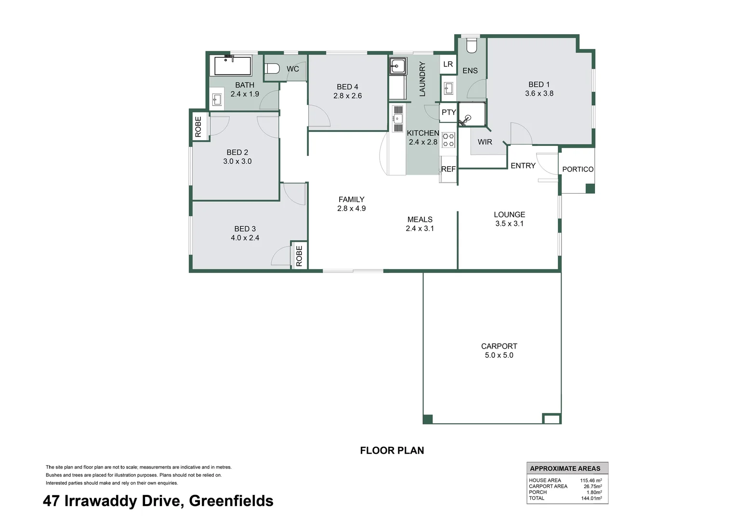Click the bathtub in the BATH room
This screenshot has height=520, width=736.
pyautogui.click(x=233, y=66)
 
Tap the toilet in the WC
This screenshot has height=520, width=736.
pyautogui.click(x=272, y=68)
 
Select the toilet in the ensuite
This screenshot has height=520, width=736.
pyautogui.click(x=471, y=46)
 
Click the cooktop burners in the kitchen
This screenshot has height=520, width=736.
pyautogui.click(x=448, y=140)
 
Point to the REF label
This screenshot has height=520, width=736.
pyautogui.click(x=448, y=169)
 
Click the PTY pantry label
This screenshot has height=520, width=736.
pyautogui.click(x=448, y=112)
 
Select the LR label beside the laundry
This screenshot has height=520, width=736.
pyautogui.click(x=448, y=64)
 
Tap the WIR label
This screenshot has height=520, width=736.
pyautogui.click(x=485, y=142)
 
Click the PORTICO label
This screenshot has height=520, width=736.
pyautogui.click(x=578, y=169)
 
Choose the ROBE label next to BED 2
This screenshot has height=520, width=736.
pyautogui.click(x=198, y=127)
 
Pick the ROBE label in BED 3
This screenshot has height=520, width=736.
pyautogui.click(x=299, y=256)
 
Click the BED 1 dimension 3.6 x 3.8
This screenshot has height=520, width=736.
pyautogui.click(x=539, y=93)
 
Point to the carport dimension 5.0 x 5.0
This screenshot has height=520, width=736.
pyautogui.click(x=499, y=355)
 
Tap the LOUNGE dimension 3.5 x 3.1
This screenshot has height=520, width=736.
pyautogui.click(x=509, y=223)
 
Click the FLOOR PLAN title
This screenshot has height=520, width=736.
pyautogui.click(x=392, y=451)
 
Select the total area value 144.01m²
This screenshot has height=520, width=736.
pyautogui.click(x=591, y=498)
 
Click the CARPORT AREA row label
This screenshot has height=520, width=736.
pyautogui.click(x=548, y=486)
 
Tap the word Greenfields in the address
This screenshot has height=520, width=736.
pyautogui.click(x=231, y=501)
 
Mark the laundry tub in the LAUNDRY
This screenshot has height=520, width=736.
pyautogui.click(x=398, y=66)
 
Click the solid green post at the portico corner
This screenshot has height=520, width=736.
pyautogui.click(x=590, y=189)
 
